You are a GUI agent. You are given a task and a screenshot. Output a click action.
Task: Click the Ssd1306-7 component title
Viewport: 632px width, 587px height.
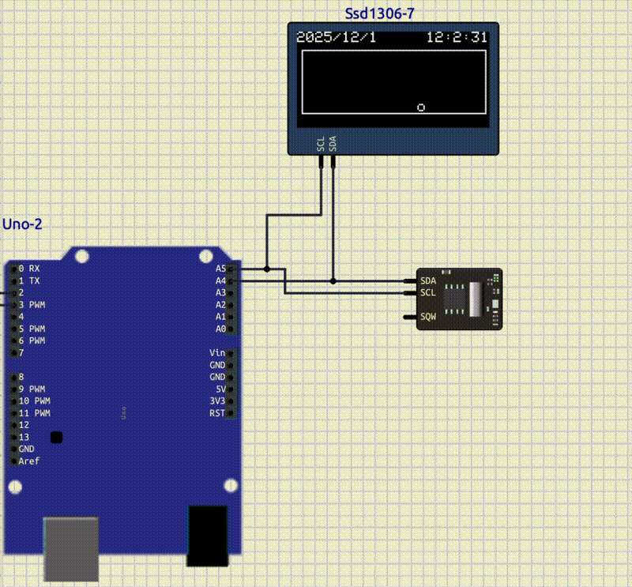[x=381, y=14]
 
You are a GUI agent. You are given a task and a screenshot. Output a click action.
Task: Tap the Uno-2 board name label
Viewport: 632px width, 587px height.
[x=22, y=224]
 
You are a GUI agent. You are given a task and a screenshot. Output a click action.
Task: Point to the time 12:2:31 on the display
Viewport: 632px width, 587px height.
[x=457, y=37]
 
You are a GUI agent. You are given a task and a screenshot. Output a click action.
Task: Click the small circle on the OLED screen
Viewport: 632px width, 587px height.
[x=422, y=107]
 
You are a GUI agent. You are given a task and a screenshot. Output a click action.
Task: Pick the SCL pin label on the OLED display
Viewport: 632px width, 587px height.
[x=321, y=142]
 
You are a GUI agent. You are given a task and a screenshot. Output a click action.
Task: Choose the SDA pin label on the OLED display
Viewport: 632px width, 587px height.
[x=333, y=142]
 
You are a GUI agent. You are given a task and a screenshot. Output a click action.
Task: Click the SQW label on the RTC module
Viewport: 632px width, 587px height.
[x=428, y=317]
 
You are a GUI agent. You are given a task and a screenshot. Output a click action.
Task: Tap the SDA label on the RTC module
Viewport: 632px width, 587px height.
[x=428, y=280]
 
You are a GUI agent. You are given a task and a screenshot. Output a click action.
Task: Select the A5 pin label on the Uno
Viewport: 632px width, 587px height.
[x=220, y=269]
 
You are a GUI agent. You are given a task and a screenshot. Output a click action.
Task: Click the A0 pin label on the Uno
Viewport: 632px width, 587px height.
[x=220, y=328]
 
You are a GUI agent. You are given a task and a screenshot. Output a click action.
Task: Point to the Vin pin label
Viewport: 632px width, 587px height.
[x=217, y=352]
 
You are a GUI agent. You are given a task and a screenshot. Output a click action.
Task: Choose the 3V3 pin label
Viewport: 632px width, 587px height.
[x=217, y=401]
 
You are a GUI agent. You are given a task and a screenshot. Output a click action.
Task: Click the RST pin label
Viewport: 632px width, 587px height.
[x=217, y=413]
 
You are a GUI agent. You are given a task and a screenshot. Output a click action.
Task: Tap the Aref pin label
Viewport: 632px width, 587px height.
[x=28, y=461]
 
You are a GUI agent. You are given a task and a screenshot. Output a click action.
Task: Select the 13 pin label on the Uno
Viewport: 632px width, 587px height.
[x=24, y=437]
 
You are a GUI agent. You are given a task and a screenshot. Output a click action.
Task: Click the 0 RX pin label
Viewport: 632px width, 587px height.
[x=28, y=269]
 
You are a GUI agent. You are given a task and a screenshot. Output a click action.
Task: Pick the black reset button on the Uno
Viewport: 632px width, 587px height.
[x=56, y=437]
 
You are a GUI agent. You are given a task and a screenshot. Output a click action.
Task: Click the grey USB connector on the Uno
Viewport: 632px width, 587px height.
[x=70, y=548]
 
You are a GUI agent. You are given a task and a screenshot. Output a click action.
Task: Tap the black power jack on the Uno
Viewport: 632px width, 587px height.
[x=207, y=536]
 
